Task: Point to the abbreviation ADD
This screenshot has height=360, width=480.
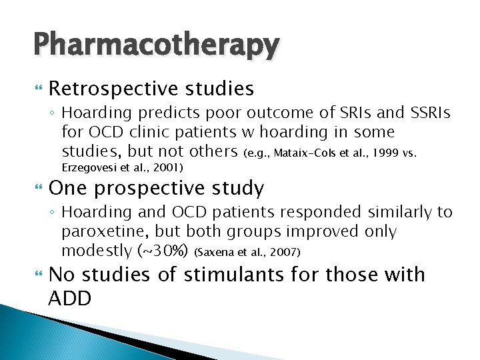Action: (69, 298)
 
